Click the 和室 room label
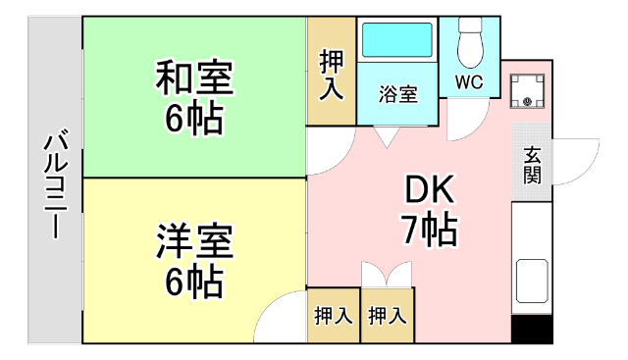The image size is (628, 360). tap(193, 77)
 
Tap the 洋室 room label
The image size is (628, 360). tap(193, 240)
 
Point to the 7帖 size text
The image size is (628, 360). tap(428, 230)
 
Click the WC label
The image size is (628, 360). tap(468, 82)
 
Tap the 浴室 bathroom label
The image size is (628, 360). tap(398, 95)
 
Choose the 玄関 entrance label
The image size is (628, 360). tap(532, 166)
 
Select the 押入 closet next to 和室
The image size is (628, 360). tap(332, 74)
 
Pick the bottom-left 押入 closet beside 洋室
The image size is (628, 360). tap(333, 316)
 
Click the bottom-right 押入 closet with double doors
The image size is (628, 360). tap(387, 316)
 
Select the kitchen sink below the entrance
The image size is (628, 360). tap(532, 283)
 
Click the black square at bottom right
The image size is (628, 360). tap(532, 330)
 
